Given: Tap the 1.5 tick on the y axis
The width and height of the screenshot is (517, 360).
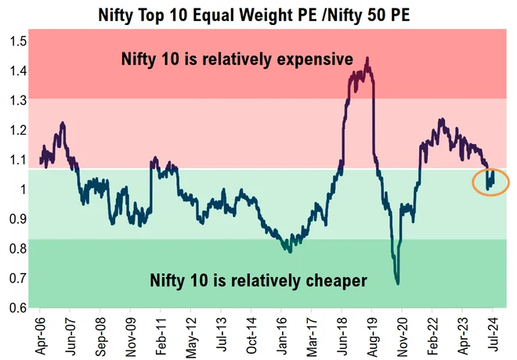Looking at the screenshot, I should point(16,41).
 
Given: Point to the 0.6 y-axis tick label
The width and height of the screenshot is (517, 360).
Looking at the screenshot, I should point(16,308).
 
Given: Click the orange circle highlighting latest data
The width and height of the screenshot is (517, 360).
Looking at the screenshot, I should point(491,182).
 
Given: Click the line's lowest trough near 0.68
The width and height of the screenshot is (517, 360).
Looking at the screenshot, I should point(397,283).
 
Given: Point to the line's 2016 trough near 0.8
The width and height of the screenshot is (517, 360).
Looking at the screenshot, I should point(290,250).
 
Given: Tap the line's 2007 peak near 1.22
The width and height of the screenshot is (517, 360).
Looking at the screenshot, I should point(62,124).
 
